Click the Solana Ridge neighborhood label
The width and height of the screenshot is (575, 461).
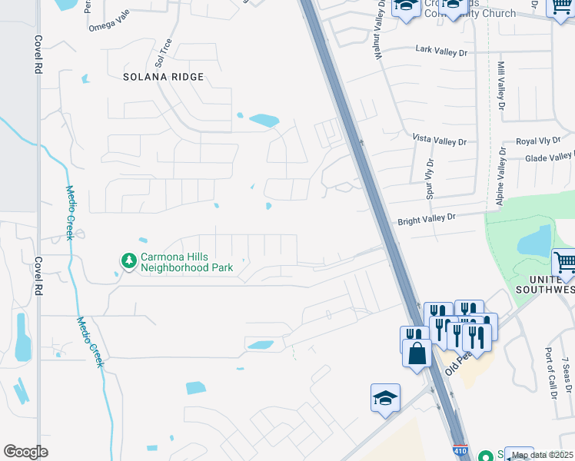click(165, 77)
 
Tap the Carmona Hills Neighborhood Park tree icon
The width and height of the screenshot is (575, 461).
click(128, 262)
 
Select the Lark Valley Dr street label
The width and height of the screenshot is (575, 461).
click(440, 48)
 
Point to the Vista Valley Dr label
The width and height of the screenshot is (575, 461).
click(439, 141)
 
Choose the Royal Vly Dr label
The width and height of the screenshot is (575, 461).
click(537, 141)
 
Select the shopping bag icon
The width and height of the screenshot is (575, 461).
click(417, 353)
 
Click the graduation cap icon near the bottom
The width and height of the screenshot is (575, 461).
click(385, 398)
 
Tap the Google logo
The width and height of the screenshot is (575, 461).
click(25, 452)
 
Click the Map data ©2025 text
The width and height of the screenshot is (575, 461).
click(543, 454)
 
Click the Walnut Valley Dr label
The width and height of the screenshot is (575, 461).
click(379, 33)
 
